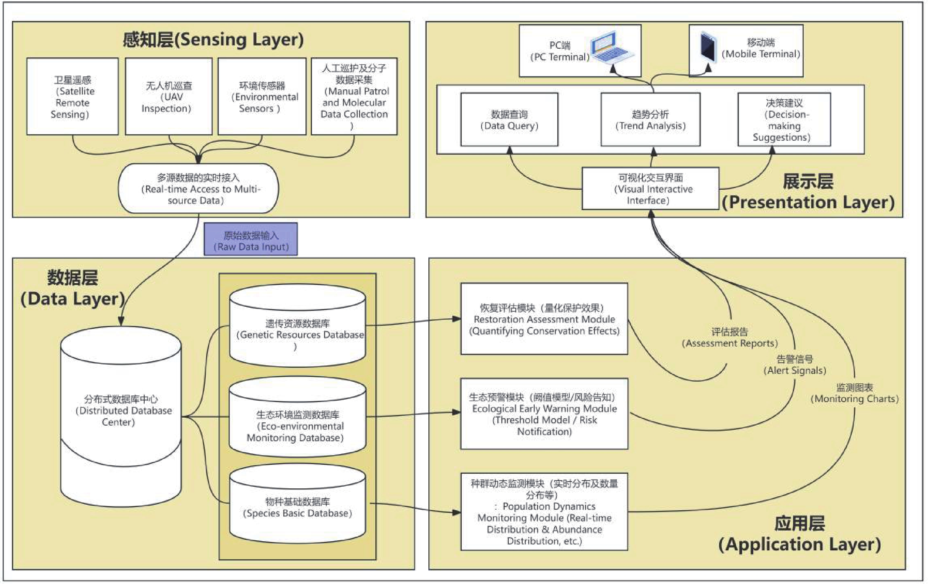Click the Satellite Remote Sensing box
(72, 96)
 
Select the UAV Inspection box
(169, 96)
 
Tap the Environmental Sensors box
(262, 96)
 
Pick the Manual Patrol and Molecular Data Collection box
(354, 96)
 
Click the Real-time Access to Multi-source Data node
(198, 189)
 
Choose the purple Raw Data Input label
(251, 239)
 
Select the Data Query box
(509, 119)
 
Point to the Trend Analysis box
(650, 119)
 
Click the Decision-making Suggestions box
(784, 119)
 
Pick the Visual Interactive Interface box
(650, 189)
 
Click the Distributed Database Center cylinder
(121, 416)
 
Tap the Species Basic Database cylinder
(298, 504)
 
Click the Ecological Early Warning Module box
(544, 414)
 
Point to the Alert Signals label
(795, 365)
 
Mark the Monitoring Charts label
(854, 393)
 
